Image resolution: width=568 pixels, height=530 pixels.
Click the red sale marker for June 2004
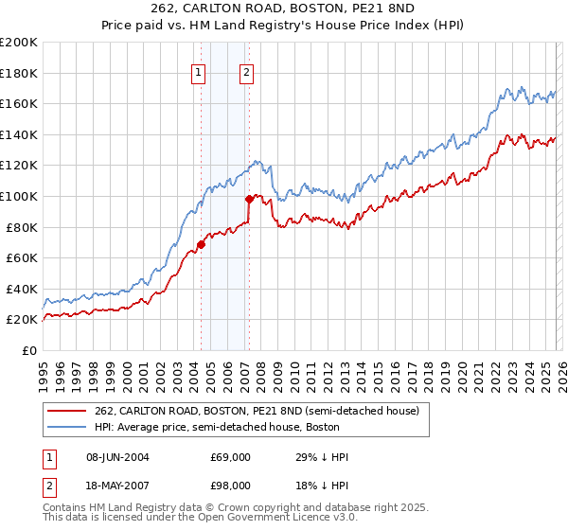[201, 244]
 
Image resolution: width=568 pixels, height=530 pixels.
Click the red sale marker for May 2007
[249, 199]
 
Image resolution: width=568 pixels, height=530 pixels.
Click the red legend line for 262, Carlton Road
[66, 410]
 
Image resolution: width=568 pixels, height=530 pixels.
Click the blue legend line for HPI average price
[66, 427]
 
